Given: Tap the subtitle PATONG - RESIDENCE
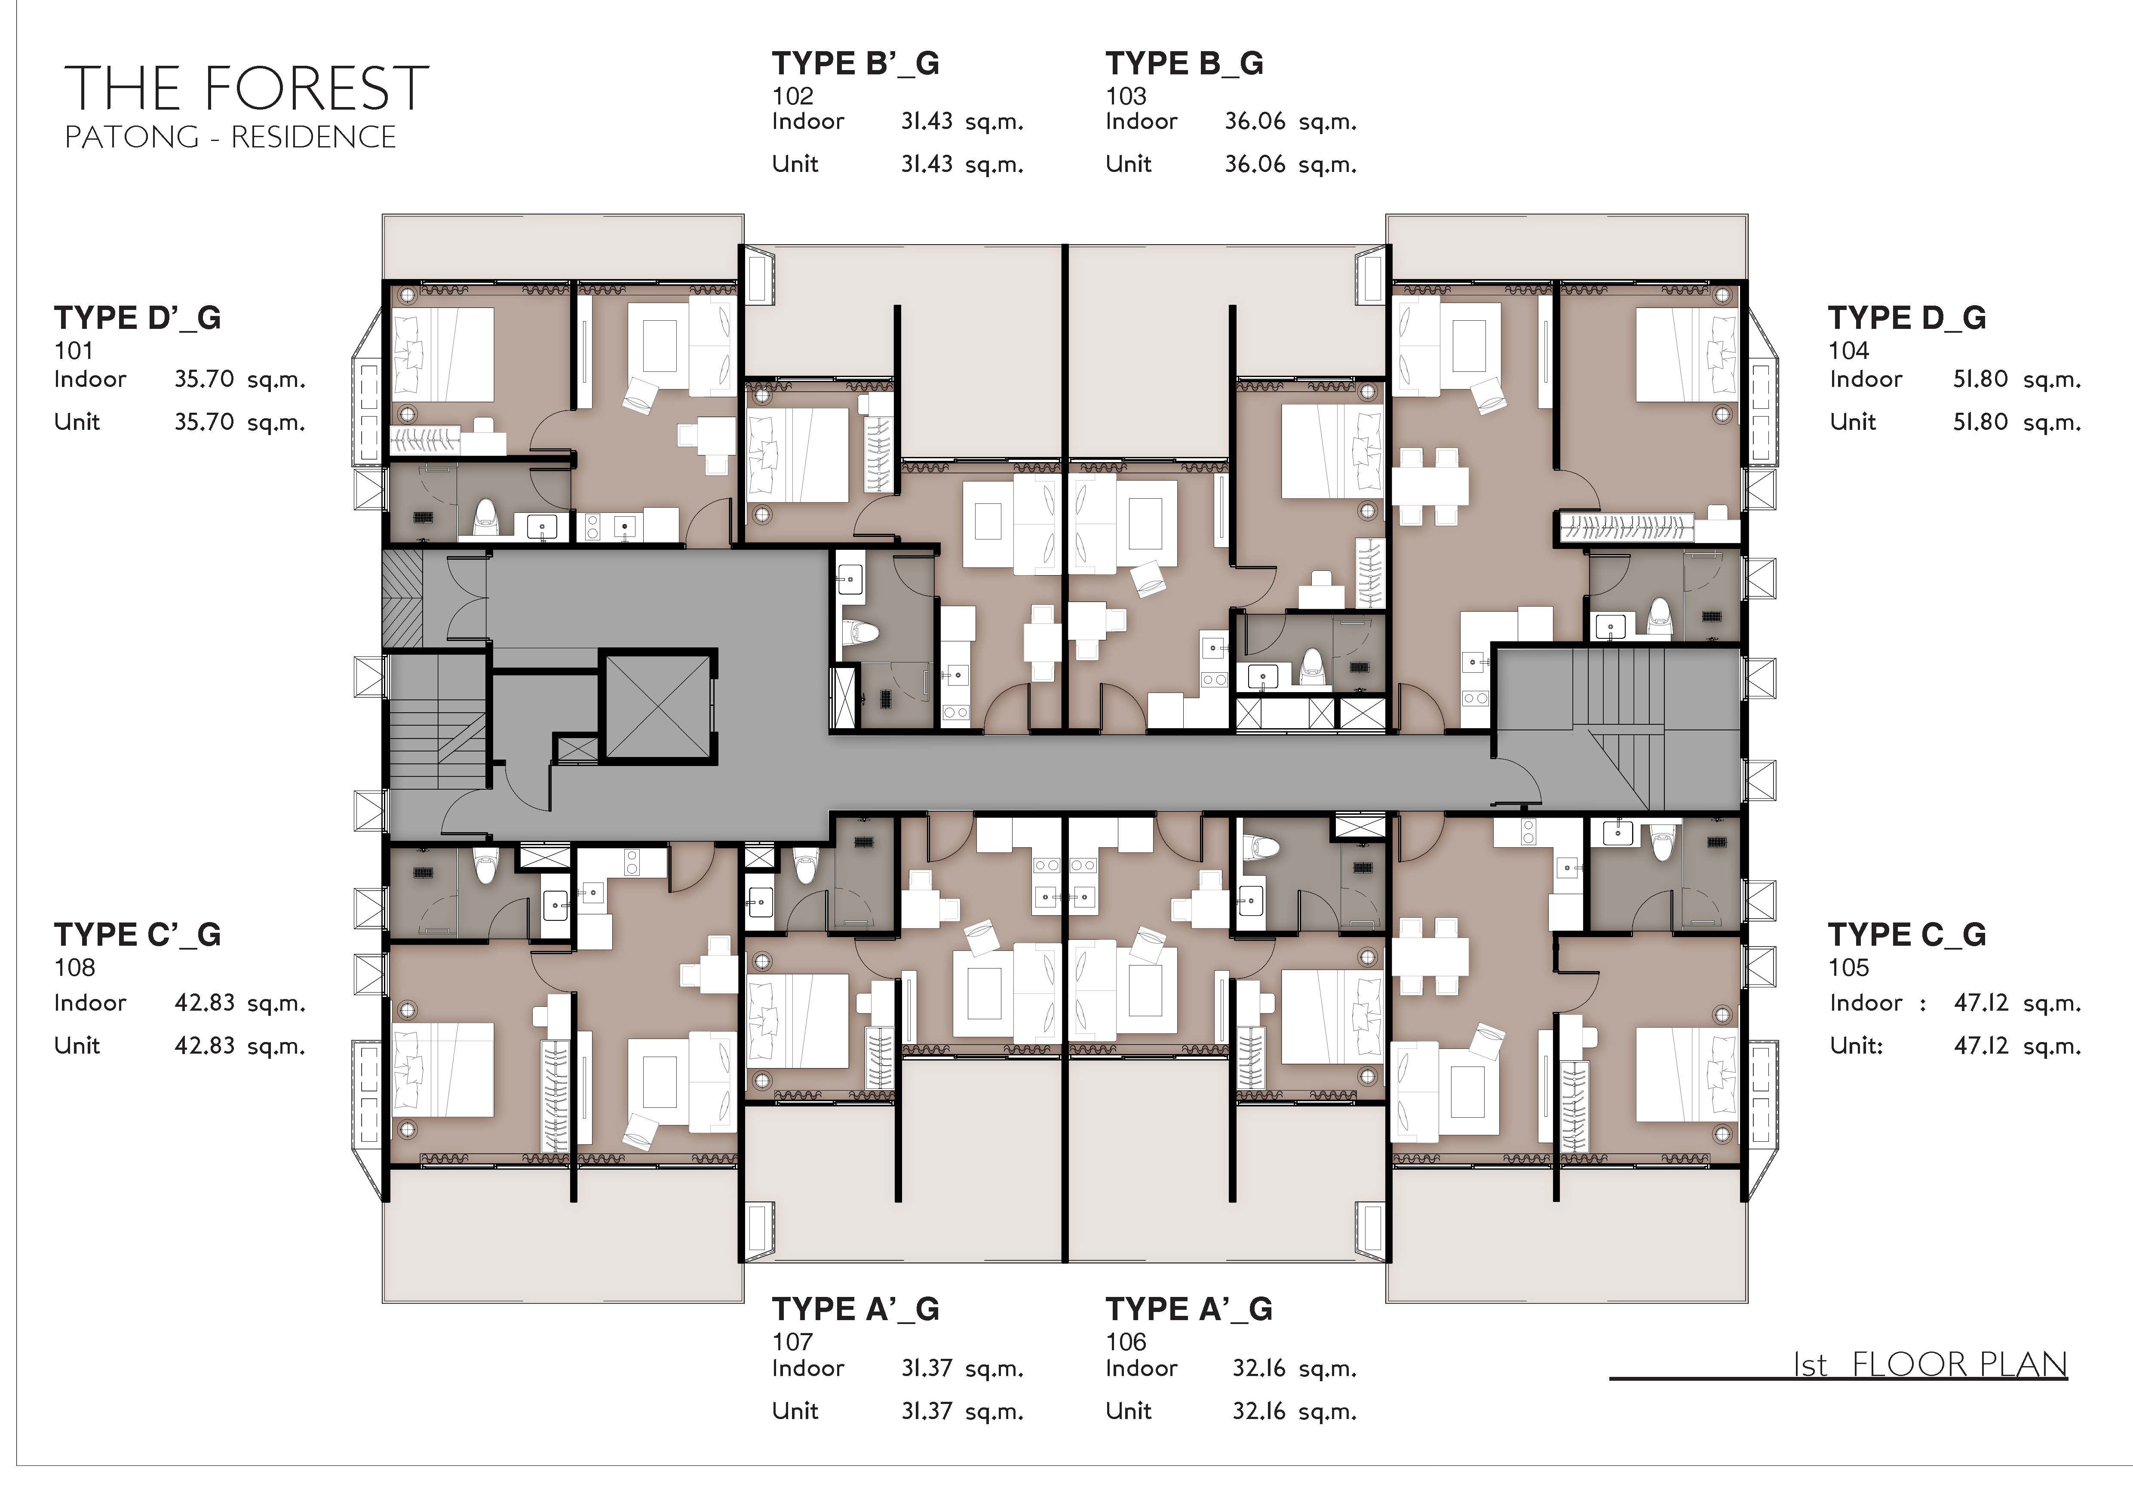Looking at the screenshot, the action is point(230,138).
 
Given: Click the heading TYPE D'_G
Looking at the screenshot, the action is point(138,318).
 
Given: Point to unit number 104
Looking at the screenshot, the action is point(1849,351).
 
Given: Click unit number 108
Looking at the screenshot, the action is point(74,968).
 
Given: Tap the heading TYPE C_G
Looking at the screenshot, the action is point(1907,934).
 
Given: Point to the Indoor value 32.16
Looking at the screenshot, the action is point(1259,1368).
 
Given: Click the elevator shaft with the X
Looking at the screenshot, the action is point(658,706).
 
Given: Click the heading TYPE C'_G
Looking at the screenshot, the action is point(138,934).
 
